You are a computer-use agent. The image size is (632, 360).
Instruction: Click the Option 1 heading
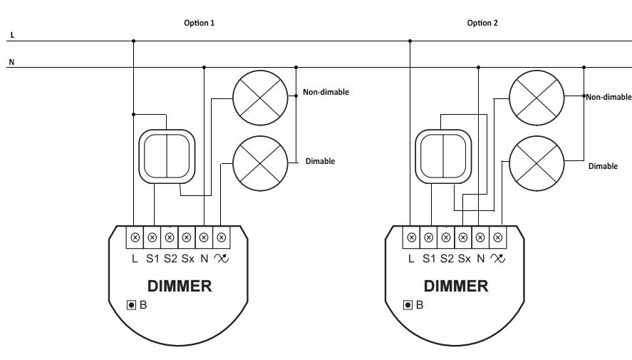coord(199,23)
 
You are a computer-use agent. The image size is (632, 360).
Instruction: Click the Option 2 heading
coord(482,23)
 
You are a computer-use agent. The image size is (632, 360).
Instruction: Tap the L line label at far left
coord(11,35)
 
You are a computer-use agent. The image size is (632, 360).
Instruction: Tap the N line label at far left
coord(11,62)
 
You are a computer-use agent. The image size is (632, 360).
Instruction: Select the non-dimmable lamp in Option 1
coord(259,96)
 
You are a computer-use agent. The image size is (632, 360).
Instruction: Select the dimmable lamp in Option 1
coord(259,162)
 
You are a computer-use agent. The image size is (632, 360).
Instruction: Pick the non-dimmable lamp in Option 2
coord(536,96)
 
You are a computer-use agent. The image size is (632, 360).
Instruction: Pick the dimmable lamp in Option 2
coord(536,162)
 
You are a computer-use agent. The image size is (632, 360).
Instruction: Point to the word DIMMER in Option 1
coord(180,287)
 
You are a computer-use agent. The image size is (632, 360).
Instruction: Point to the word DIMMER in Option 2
coord(456,287)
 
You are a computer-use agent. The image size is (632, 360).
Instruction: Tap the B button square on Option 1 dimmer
coord(131,305)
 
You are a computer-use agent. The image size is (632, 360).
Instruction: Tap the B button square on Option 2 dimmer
coord(408,305)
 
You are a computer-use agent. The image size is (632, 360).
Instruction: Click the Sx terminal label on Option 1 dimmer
coord(187,259)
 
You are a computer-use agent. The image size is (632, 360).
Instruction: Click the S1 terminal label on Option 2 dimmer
coord(428,259)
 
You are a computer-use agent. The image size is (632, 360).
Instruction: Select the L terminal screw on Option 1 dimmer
coord(135,237)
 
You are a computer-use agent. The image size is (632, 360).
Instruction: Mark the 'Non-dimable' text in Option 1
coord(326,92)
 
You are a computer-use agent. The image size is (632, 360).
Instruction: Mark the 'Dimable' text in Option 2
coord(603,166)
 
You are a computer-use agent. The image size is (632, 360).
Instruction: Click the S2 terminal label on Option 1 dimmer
coord(170,259)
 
